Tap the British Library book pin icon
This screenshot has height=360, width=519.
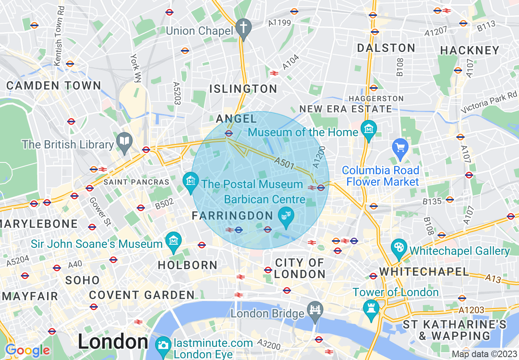coord(124,141)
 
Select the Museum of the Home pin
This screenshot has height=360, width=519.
coord(369,130)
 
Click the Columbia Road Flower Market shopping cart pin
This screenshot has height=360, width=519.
coord(400,146)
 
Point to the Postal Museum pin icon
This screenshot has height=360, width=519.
coord(190,180)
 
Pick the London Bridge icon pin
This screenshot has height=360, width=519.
coord(315,310)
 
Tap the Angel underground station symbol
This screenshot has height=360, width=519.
coord(229,133)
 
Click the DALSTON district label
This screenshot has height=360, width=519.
coord(386,48)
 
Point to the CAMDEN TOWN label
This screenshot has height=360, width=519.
coord(54,85)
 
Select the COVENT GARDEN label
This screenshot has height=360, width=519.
coord(142,295)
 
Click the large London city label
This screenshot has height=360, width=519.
coord(113,342)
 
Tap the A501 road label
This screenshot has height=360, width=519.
coord(284,164)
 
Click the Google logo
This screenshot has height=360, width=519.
coord(27,350)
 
